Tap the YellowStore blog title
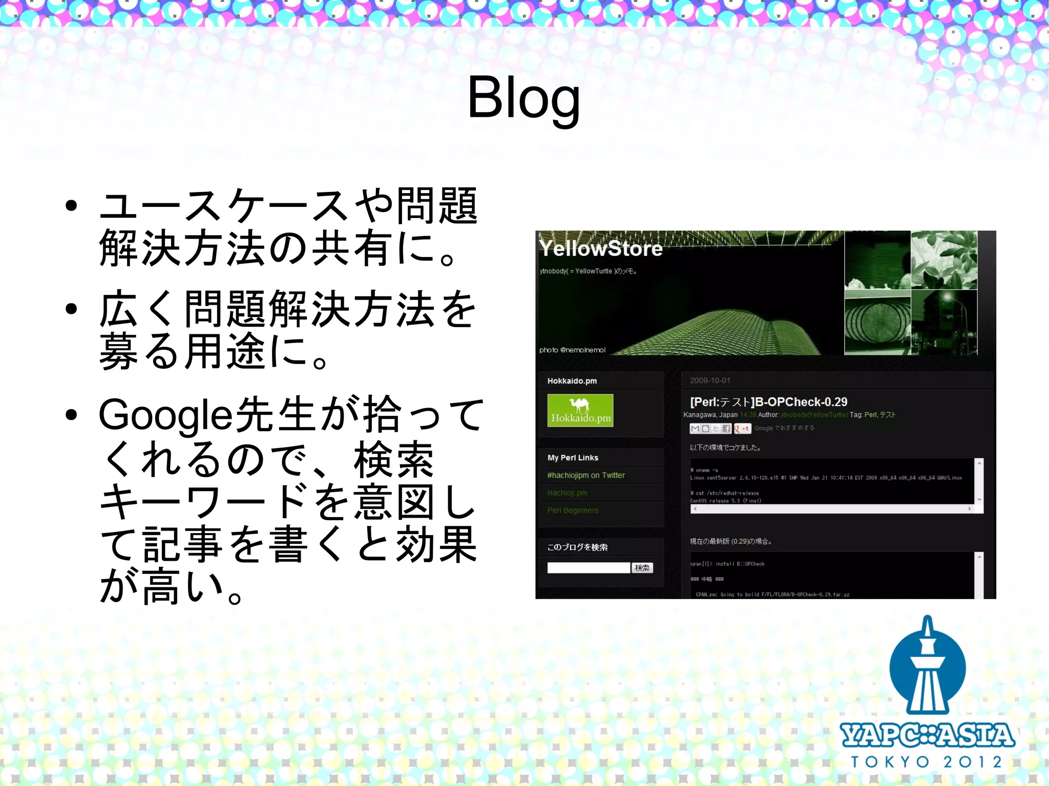pos(601,249)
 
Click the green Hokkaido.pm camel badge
pos(580,410)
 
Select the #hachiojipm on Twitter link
pos(586,475)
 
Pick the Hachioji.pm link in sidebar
pos(567,493)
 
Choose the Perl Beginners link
pos(573,510)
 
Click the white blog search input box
pos(589,567)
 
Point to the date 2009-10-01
pos(710,380)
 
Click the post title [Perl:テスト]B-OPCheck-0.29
pos(768,402)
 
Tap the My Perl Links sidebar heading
pos(573,458)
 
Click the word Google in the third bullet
pos(165,415)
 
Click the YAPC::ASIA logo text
pos(927,735)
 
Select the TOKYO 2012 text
pos(927,762)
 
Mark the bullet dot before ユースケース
pos(71,206)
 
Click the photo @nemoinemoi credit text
pos(572,350)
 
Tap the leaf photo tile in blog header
pos(943,260)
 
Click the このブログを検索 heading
pos(577,547)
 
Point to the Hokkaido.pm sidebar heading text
pos(572,381)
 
